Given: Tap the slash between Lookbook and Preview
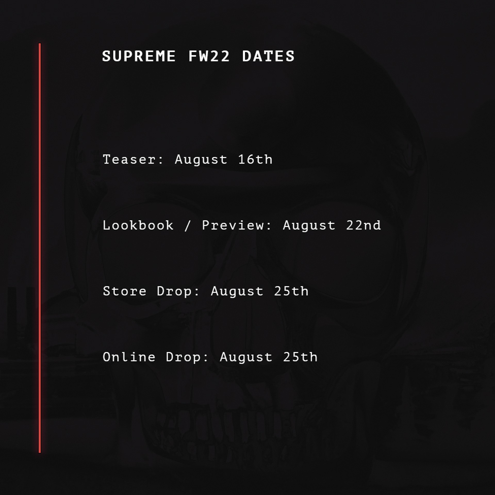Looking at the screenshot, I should (x=188, y=225).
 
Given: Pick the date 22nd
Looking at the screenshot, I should (x=363, y=225).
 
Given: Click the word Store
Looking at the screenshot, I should (x=125, y=291).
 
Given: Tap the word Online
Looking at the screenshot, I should (x=129, y=357).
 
